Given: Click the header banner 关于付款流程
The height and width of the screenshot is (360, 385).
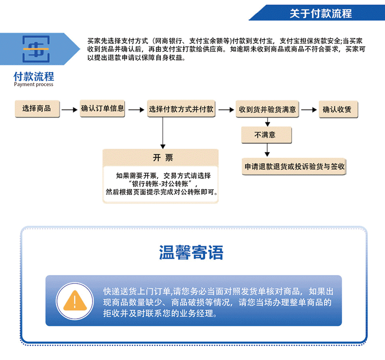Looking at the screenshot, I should tap(320, 13).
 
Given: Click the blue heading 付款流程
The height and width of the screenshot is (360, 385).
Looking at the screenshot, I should tap(34, 76).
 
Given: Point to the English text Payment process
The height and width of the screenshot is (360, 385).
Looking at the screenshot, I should tap(34, 85).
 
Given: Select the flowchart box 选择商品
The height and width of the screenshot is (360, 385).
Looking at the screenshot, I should tap(37, 109).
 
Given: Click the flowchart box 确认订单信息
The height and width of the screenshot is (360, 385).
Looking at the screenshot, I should tap(102, 109).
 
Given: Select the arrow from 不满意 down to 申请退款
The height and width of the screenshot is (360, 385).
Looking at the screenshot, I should tap(267, 150).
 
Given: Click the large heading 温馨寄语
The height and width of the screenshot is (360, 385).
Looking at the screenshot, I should tap(192, 252).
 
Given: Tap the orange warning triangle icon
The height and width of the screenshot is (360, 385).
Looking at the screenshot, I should tap(74, 300).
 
